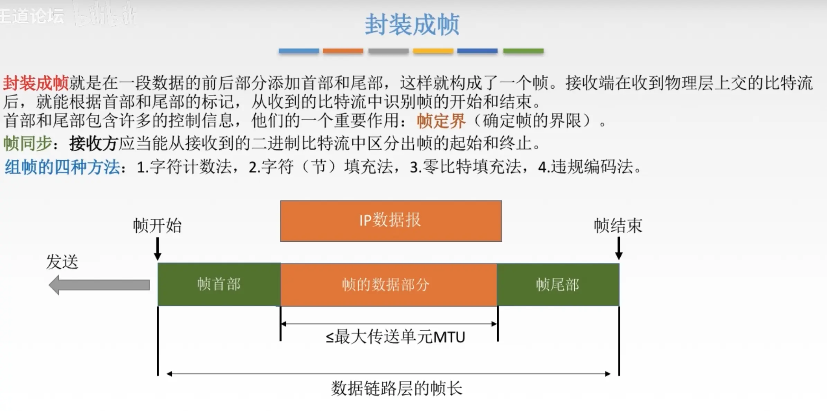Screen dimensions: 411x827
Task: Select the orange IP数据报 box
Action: click(391, 221)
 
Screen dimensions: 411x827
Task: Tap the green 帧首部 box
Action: click(219, 284)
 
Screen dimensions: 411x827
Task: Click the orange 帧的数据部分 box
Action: click(388, 285)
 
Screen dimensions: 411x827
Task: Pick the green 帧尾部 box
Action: click(558, 285)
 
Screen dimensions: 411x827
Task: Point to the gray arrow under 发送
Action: click(99, 285)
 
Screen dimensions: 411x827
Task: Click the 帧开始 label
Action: click(157, 226)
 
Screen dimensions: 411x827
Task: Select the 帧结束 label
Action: click(618, 226)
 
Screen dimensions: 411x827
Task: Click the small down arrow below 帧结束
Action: click(619, 249)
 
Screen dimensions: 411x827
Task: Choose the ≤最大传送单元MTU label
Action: click(395, 337)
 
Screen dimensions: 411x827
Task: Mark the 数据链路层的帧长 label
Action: click(396, 388)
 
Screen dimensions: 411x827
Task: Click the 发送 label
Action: click(62, 261)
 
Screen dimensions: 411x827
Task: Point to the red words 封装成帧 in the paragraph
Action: click(36, 83)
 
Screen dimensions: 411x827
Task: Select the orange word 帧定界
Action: click(441, 121)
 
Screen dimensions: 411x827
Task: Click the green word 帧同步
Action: click(28, 143)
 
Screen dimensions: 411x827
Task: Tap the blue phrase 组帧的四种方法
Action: click(62, 167)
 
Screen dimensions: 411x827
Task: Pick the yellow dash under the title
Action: click(433, 51)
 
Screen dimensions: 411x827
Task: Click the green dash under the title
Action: click(523, 51)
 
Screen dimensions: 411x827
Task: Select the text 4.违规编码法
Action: click(588, 167)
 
